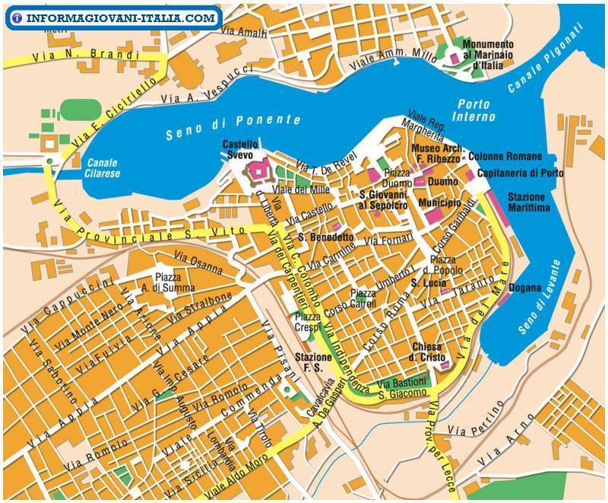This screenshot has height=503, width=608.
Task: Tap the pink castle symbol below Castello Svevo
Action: pos(258,170)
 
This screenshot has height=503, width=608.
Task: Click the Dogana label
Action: pos(525,288)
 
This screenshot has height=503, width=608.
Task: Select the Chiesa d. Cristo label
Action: pos(430,352)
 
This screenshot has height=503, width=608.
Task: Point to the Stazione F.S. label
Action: pos(312,362)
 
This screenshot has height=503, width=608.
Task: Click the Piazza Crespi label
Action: pos(308,321)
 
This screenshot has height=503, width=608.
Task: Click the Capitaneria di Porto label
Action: pos(521,174)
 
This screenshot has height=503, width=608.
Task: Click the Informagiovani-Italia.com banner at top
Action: pos(112,17)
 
